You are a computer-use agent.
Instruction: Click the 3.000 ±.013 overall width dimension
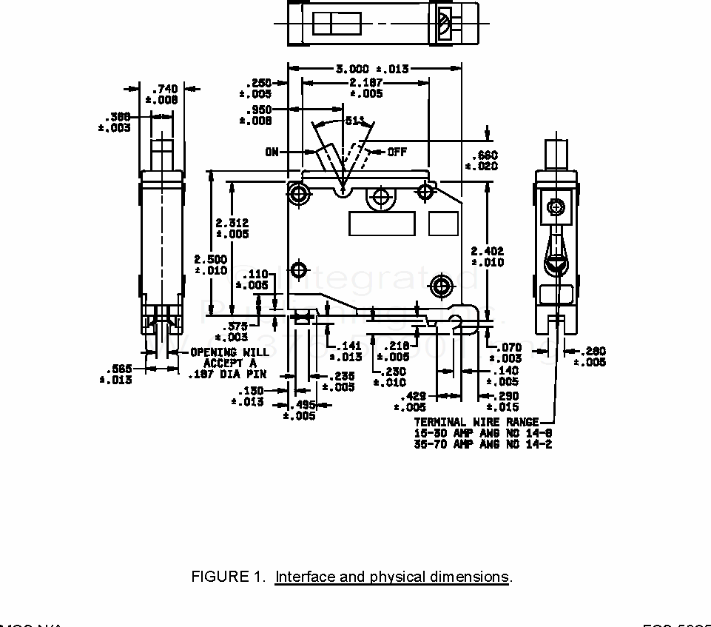(x=372, y=69)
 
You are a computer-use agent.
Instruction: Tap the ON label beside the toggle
(x=272, y=152)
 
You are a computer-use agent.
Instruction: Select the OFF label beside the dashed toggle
(x=397, y=152)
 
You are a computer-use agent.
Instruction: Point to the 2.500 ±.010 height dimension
(x=211, y=264)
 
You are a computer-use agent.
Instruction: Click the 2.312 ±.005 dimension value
(x=232, y=228)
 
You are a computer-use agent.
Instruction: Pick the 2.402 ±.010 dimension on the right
(x=488, y=257)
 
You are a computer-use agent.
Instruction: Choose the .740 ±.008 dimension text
(x=162, y=95)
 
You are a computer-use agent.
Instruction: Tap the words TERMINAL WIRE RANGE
(x=476, y=422)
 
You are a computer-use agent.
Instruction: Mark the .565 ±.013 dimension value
(x=117, y=375)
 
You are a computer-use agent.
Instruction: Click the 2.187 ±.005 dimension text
(x=365, y=88)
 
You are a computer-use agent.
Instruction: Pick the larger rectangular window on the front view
(x=382, y=224)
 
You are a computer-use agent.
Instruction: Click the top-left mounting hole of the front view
(x=299, y=193)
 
